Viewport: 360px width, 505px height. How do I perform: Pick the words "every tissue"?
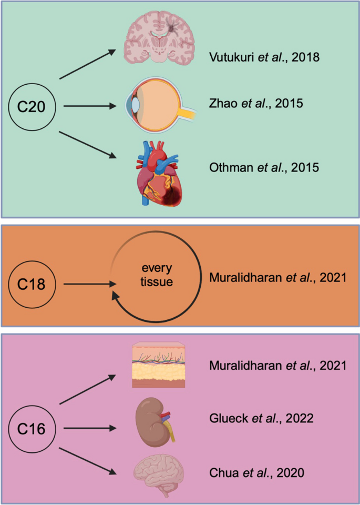157,277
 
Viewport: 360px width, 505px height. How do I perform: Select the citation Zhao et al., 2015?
255,104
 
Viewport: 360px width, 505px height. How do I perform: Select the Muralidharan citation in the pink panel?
277,365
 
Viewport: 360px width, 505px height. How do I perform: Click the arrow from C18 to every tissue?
89,285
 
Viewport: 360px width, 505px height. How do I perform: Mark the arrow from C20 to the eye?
89,107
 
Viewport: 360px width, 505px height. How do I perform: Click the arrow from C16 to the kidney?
89,429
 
